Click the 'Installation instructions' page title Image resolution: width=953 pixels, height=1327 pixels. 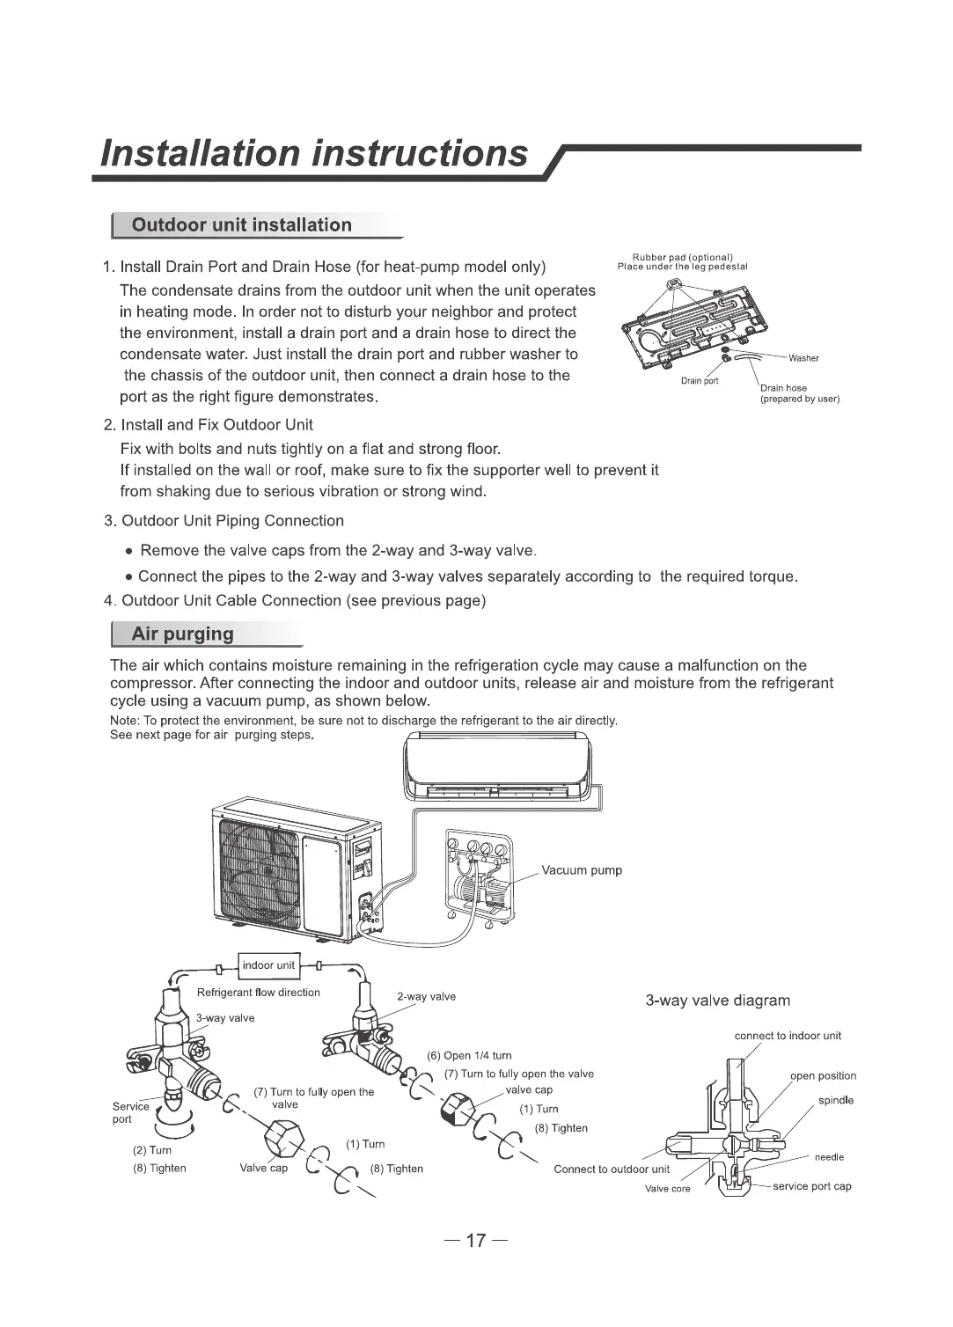coord(314,153)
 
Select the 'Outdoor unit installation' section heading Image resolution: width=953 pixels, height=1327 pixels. coord(241,225)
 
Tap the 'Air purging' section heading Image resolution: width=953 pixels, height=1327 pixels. coord(182,634)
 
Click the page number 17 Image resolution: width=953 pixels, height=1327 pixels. coord(475,1242)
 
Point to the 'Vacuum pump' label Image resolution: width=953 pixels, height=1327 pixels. coord(582,870)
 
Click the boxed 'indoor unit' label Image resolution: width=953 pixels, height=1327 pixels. coord(268,965)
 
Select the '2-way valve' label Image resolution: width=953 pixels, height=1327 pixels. coord(426,996)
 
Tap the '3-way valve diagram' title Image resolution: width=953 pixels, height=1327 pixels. coord(717,1001)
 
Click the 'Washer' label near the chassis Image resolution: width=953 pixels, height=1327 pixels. coord(803,358)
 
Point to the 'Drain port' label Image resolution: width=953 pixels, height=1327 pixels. coord(700,381)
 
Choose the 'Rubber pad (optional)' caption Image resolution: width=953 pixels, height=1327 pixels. coord(683,257)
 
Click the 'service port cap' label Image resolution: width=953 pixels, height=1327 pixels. coord(811,1186)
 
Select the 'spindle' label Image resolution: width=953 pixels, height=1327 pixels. coord(835,1101)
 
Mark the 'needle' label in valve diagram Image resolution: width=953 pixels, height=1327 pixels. coord(829,1157)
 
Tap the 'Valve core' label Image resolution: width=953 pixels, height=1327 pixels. coord(667,1189)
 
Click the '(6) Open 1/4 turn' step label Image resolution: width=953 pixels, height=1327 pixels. coord(469,1056)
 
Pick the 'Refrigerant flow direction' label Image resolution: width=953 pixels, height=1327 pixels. coord(258,993)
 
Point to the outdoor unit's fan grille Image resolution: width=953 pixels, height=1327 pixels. coord(260,870)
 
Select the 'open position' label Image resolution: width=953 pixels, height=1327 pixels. coord(823,1076)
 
